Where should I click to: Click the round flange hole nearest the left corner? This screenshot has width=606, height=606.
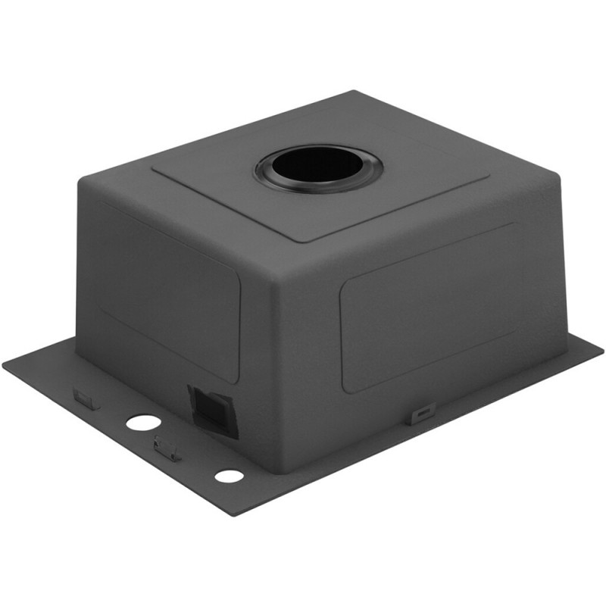point(143,423)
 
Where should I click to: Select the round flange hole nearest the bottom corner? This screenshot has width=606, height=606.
point(228,476)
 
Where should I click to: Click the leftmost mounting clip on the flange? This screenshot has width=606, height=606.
point(86,398)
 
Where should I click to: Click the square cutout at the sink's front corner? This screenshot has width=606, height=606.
point(213,410)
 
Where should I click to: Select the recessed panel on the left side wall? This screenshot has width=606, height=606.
point(170,288)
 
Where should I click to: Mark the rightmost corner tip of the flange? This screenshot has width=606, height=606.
point(602,350)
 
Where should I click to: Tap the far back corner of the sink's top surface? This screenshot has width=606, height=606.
point(355,92)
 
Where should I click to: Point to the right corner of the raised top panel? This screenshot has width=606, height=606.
point(489,180)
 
